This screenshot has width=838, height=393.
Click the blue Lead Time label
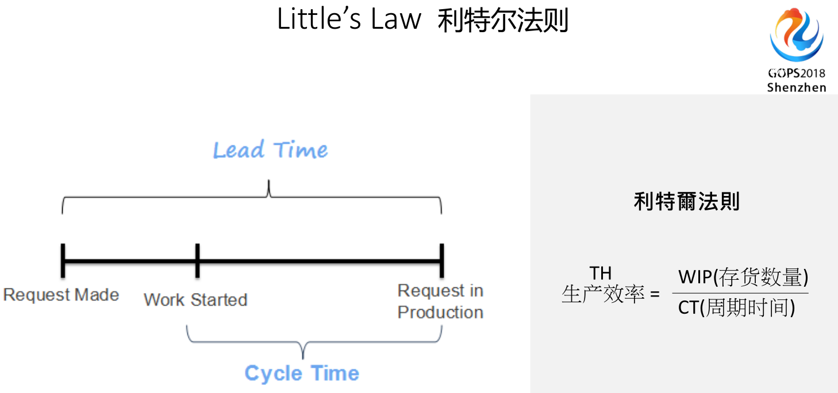click(270, 150)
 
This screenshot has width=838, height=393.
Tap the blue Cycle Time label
click(302, 373)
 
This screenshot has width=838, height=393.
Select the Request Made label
click(61, 295)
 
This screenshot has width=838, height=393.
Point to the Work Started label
click(195, 299)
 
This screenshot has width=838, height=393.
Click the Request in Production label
click(440, 302)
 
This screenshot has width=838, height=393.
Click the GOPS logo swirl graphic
click(797, 36)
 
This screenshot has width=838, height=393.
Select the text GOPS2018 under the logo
click(797, 74)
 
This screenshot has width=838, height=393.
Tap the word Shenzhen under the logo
click(797, 87)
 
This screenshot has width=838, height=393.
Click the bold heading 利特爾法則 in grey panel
click(686, 201)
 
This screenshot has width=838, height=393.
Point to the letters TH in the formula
click(601, 273)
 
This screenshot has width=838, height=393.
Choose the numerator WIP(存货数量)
click(743, 278)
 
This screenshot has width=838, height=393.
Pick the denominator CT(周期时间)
click(736, 308)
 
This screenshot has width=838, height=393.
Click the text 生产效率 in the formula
click(603, 294)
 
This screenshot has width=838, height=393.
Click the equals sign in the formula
click(655, 295)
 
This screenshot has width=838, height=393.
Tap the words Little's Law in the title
click(349, 20)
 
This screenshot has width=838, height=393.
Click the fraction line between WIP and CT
click(740, 293)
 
